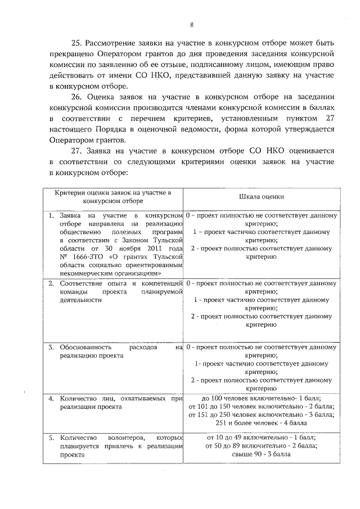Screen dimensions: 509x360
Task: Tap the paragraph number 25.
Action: tap(76, 43)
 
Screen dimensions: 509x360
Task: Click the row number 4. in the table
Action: tap(51, 398)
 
